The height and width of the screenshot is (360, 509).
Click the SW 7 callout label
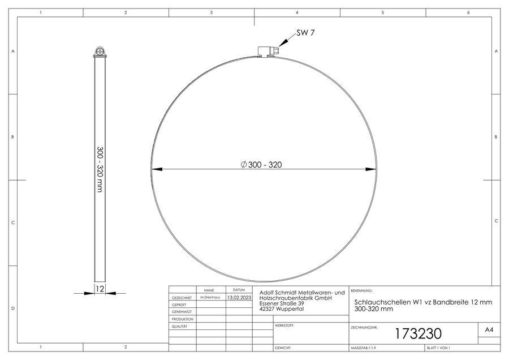pos(305,33)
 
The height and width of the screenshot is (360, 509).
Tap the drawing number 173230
pos(418,334)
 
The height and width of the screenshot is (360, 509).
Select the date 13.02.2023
pos(239,297)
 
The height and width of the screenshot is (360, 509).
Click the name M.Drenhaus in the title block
pos(210,297)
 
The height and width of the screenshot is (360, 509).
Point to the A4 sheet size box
pos(489,330)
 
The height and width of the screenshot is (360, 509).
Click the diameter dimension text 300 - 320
pos(261,165)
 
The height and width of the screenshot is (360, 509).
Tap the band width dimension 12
pos(100,289)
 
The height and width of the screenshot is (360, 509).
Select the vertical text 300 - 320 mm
pos(100,169)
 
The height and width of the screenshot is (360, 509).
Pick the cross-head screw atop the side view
pos(100,52)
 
